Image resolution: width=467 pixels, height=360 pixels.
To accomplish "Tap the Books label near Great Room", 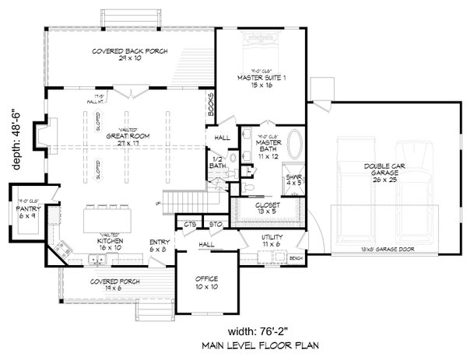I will click(x=210, y=107).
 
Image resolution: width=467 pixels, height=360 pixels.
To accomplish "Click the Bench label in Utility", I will click(x=294, y=257).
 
